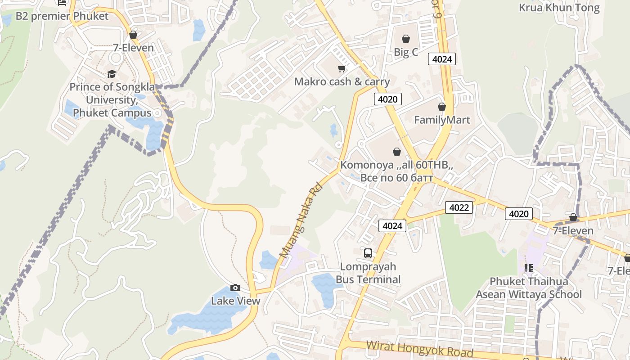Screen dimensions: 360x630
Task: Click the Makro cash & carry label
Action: coord(342,82)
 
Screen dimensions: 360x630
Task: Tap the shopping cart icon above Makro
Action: coord(342,69)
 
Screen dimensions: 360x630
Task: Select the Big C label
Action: coord(406,52)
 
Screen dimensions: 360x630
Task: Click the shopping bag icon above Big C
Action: coord(406,39)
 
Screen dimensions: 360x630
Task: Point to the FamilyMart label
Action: coord(442,120)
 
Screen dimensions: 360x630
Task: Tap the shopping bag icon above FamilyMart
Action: coord(442,107)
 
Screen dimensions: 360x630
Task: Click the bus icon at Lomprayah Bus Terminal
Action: coord(368,253)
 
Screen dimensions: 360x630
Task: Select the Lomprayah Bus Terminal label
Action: coord(368,273)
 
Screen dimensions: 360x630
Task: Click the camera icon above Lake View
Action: coord(235,288)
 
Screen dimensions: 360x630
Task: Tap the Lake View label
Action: coord(236,301)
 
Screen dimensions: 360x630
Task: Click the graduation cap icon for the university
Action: coord(112,74)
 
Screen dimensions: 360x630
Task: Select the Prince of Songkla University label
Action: coord(112,99)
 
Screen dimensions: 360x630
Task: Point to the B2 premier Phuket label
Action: coord(62,16)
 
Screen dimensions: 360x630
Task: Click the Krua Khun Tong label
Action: coord(559,8)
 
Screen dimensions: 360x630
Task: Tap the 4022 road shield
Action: coord(459,207)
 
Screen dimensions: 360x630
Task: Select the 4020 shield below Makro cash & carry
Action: coord(387,99)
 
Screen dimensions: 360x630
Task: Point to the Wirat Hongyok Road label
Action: coord(419,349)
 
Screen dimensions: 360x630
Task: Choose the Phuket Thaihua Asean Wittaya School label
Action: coord(529,288)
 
